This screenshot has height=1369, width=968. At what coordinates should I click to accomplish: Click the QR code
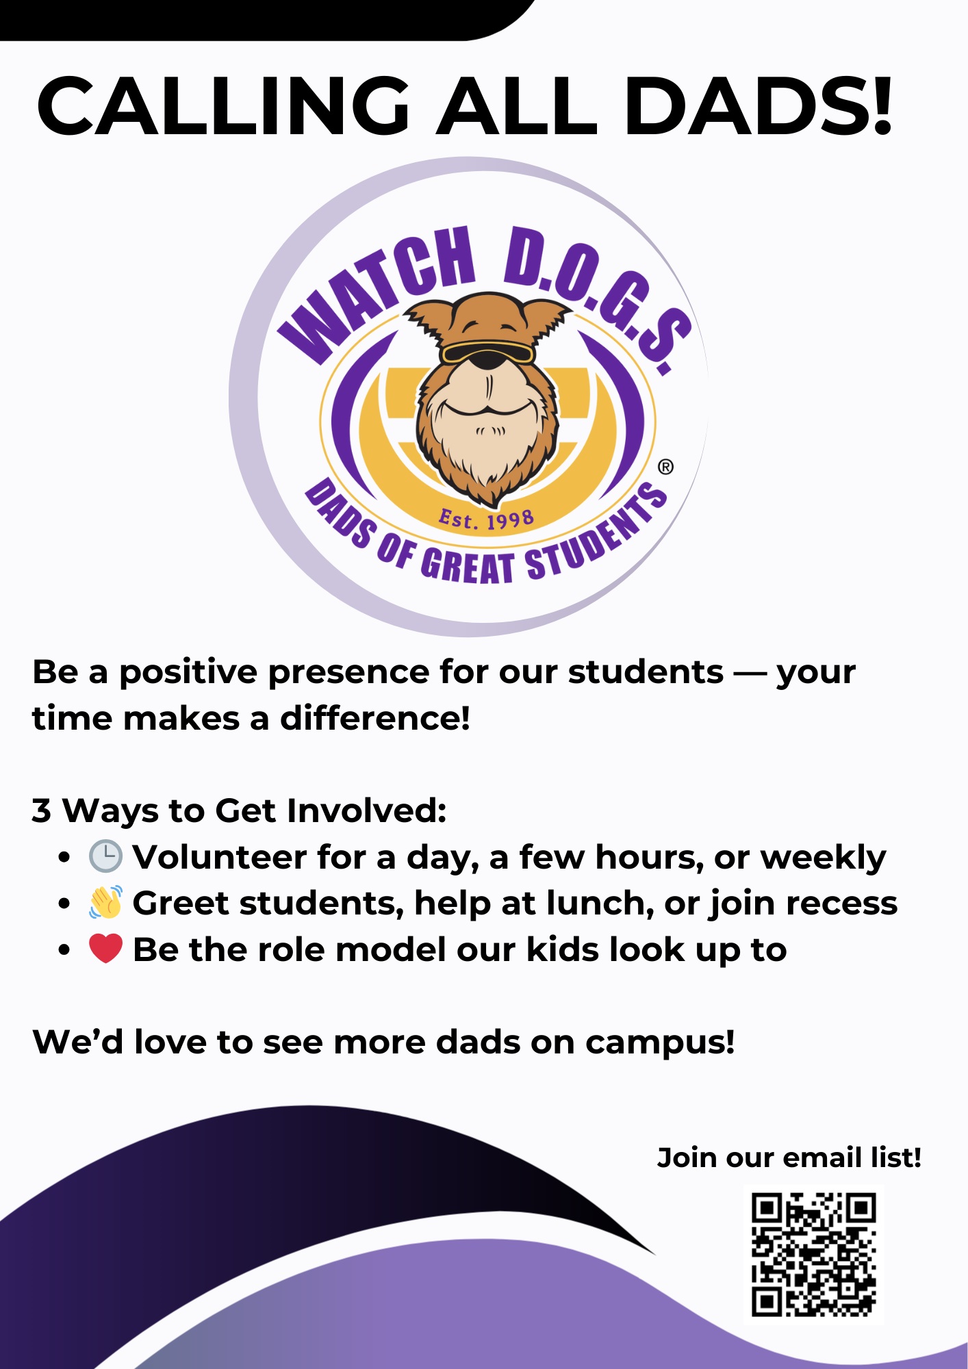813,1255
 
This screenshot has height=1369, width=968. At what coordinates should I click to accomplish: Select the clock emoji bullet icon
105,856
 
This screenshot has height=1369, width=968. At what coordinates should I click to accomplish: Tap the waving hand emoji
105,902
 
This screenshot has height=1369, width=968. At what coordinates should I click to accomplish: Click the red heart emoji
105,949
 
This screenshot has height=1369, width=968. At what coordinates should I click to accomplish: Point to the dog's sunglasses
487,353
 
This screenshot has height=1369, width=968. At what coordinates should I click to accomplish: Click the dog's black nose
487,360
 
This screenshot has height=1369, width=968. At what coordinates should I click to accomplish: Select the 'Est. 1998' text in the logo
486,520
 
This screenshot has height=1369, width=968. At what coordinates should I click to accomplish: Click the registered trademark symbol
665,467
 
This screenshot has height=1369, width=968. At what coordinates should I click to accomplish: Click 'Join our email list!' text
789,1157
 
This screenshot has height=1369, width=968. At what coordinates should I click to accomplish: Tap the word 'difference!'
375,718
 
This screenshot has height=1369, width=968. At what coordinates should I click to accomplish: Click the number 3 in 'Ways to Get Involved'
42,810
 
